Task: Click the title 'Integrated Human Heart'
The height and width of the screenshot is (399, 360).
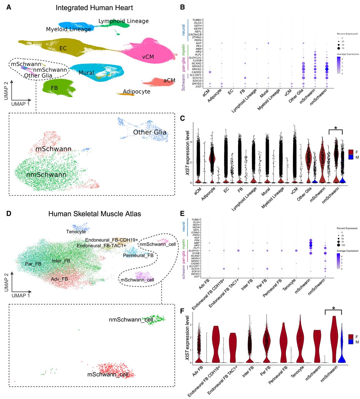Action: [x=94, y=8]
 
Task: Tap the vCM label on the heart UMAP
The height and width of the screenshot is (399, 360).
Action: [x=148, y=57]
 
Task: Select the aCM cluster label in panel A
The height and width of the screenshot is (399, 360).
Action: [x=169, y=80]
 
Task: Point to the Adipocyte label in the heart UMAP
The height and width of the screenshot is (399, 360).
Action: [x=136, y=92]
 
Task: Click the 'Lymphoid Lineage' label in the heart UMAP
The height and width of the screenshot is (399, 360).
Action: [x=124, y=21]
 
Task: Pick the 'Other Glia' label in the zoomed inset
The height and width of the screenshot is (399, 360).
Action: [x=150, y=132]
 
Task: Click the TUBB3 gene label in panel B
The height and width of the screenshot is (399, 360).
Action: [x=197, y=20]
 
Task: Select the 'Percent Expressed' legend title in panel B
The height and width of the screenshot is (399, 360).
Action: [x=347, y=34]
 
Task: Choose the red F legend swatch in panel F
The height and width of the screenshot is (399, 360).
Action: [x=351, y=337]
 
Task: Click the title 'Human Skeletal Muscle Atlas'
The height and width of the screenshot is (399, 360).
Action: [x=95, y=214]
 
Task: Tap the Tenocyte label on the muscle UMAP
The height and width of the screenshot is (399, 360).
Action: [x=76, y=232]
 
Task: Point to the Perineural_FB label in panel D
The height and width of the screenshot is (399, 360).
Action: [x=138, y=256]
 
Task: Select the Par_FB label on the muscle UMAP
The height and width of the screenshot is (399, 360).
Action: [x=33, y=264]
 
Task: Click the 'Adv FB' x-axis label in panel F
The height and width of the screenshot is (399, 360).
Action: [x=197, y=371]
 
